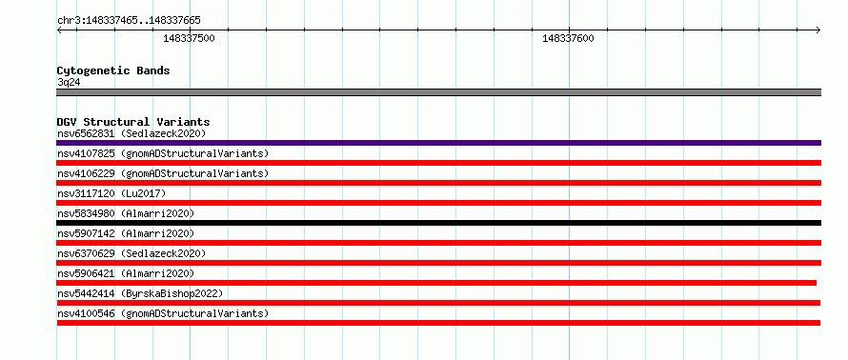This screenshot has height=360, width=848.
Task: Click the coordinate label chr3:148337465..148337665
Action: [129, 21]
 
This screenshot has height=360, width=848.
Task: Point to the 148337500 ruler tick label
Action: [189, 38]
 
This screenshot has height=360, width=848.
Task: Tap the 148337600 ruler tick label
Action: [568, 38]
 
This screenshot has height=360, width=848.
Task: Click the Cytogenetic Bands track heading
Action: [113, 70]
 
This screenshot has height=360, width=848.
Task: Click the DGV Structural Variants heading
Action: [133, 122]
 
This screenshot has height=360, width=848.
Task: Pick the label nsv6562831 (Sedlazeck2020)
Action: [131, 133]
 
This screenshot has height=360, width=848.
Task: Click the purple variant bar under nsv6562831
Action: [439, 143]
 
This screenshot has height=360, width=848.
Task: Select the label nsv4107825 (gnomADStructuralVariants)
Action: [163, 153]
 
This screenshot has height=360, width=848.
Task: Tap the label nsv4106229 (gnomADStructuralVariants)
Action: [163, 173]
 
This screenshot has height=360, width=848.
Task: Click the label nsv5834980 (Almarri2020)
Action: [126, 213]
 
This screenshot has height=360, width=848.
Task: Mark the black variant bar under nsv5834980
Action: [439, 223]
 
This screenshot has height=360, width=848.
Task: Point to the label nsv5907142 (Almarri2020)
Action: [126, 233]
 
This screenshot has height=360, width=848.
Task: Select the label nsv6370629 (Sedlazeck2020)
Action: [131, 253]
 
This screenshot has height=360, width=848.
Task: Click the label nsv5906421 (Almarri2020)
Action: [126, 273]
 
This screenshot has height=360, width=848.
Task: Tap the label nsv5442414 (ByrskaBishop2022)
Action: [140, 293]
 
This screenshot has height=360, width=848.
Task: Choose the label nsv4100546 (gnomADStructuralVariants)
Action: [163, 313]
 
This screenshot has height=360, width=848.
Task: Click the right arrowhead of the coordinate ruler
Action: [819, 30]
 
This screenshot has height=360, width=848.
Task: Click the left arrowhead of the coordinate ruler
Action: [58, 30]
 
